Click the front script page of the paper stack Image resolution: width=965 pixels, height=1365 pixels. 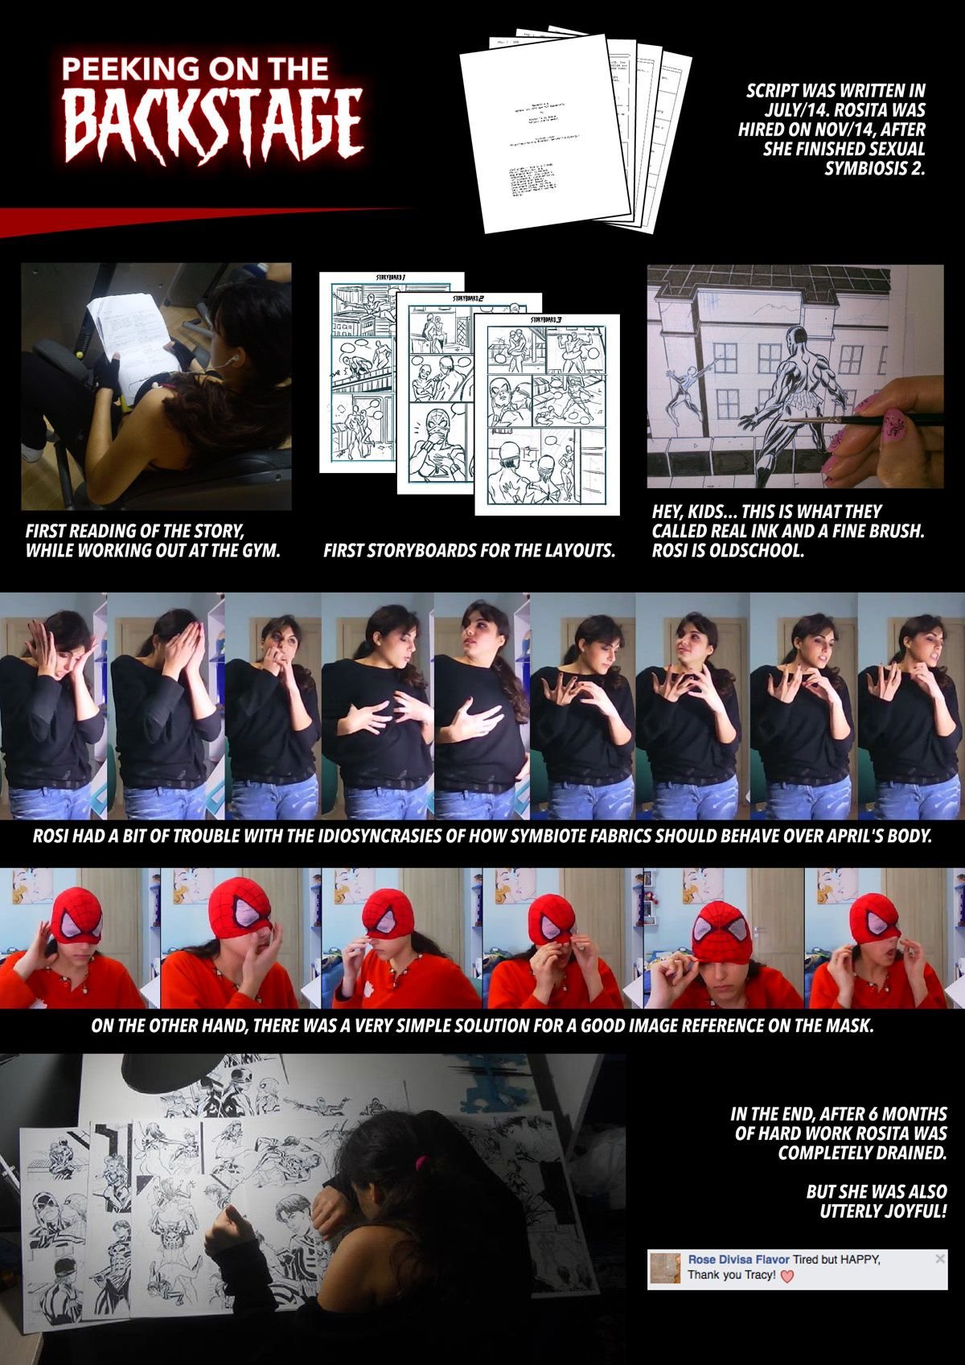tap(543, 133)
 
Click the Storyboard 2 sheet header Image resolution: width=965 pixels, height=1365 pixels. tap(468, 298)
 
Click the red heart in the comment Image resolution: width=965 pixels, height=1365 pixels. tap(787, 1277)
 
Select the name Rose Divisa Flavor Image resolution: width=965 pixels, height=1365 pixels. tap(738, 1260)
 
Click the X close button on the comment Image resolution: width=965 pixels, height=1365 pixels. tap(940, 1259)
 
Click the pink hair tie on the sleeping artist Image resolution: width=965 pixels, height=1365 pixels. tap(421, 1163)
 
